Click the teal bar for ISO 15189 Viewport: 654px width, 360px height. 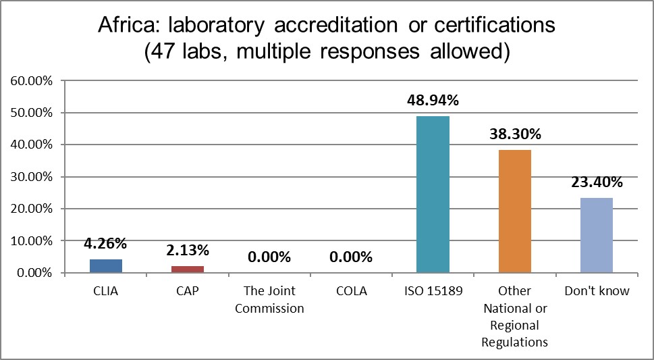433,195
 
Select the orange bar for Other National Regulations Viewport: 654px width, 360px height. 515,211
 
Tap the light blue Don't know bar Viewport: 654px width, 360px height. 597,235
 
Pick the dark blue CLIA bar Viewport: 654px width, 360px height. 106,266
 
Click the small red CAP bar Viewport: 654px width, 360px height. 188,269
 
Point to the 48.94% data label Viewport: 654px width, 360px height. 433,101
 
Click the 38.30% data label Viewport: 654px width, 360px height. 515,134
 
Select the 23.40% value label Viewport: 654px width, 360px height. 597,182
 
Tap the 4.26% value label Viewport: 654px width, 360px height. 106,244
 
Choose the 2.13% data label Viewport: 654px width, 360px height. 188,251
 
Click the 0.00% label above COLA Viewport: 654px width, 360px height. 351,257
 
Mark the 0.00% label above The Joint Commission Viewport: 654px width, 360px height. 269,257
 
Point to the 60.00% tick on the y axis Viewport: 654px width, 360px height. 30,81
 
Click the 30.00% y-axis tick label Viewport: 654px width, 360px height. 30,177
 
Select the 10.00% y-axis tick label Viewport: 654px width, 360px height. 30,241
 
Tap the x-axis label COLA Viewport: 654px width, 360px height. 351,291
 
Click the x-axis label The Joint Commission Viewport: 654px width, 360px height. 269,299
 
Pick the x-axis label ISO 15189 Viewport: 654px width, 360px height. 433,291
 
